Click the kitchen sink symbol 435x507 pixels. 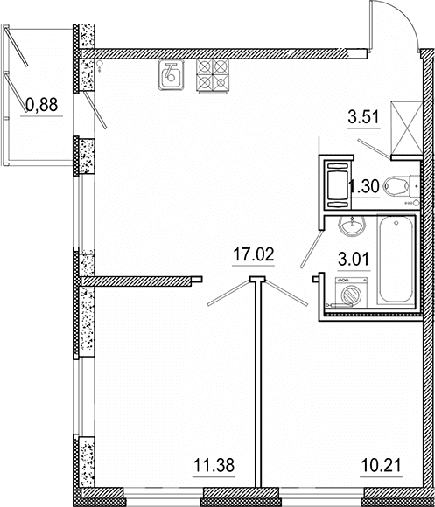(x=171, y=75)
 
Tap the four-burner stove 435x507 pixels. (x=213, y=76)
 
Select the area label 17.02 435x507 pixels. (x=254, y=254)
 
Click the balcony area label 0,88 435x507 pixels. (x=42, y=105)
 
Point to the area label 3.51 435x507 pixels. (x=364, y=117)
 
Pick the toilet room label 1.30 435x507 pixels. (x=365, y=186)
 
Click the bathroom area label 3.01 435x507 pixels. (x=354, y=260)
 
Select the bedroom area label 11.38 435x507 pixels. (x=214, y=466)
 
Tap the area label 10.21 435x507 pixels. (x=381, y=466)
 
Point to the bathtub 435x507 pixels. (x=396, y=260)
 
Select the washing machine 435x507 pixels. (x=351, y=292)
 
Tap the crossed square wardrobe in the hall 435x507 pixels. (x=407, y=128)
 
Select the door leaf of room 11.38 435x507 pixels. (x=228, y=293)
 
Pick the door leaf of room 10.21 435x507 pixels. (x=286, y=293)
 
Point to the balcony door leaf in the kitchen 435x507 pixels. (x=95, y=110)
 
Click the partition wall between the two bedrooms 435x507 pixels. (x=258, y=384)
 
